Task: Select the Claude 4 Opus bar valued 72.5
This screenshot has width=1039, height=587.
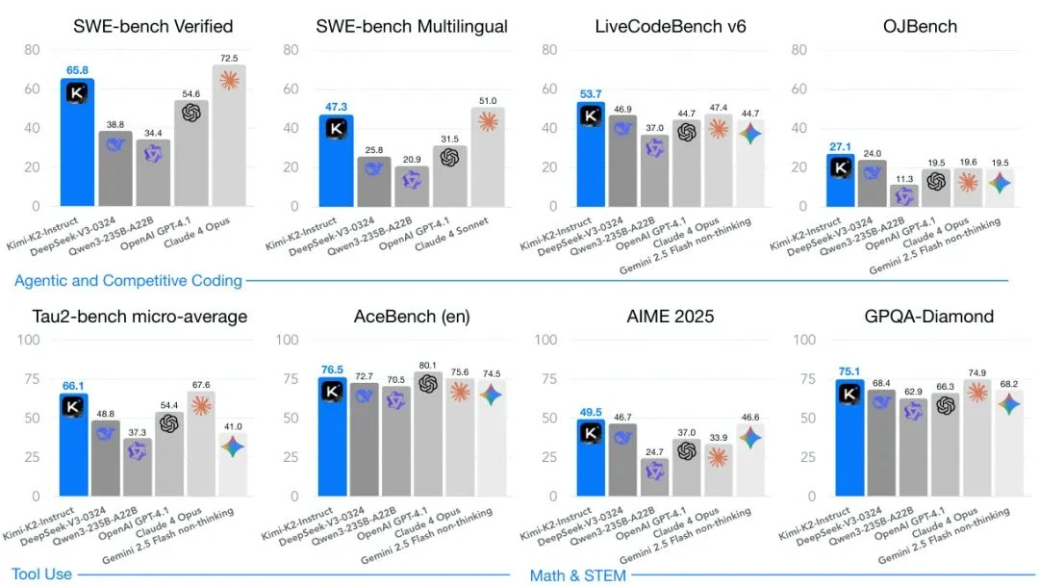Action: (x=229, y=135)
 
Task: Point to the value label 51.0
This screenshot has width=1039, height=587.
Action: (x=488, y=100)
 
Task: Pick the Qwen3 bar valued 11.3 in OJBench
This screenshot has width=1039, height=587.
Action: (x=903, y=195)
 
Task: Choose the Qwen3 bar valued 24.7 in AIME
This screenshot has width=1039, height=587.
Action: (x=655, y=476)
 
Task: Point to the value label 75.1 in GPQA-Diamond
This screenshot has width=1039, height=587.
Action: (x=843, y=370)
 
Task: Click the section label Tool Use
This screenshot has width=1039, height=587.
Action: (x=41, y=574)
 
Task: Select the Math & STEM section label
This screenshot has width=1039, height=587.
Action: (x=577, y=575)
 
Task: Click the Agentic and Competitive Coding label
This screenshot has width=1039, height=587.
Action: (x=128, y=281)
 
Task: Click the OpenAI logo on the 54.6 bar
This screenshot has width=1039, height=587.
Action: (x=190, y=114)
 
